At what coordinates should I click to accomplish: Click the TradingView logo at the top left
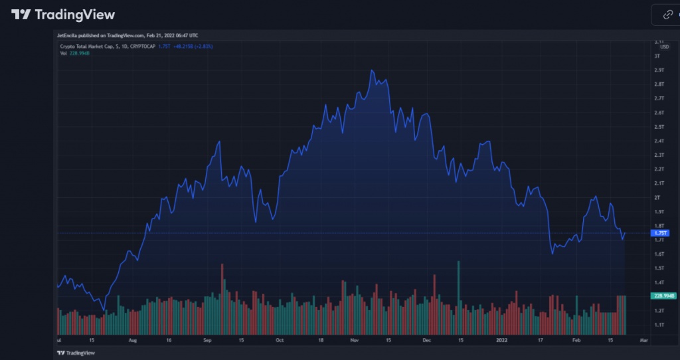(x=63, y=15)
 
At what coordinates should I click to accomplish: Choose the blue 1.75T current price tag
(x=661, y=233)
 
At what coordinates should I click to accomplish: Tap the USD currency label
(x=664, y=46)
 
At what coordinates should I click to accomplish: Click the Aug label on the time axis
(x=133, y=339)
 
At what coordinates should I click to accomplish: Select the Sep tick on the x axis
(x=207, y=339)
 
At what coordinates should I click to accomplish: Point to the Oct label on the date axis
(x=280, y=339)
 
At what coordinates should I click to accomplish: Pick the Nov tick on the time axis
(x=354, y=339)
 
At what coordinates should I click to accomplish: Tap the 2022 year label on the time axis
(x=502, y=339)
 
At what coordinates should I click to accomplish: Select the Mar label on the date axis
(x=643, y=339)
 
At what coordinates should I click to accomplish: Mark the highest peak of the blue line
(x=372, y=70)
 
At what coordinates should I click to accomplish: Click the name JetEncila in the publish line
(x=67, y=35)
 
